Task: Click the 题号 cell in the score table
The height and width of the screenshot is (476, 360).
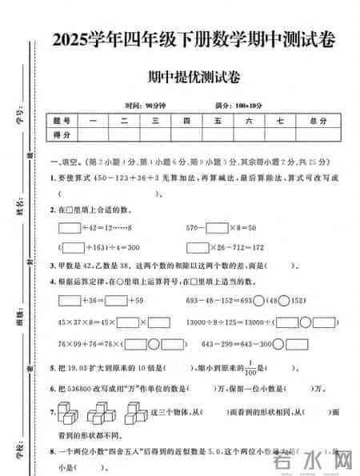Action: tap(62, 121)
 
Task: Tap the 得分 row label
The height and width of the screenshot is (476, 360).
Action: tap(62, 135)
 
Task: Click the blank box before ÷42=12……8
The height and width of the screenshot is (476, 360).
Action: tap(70, 228)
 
